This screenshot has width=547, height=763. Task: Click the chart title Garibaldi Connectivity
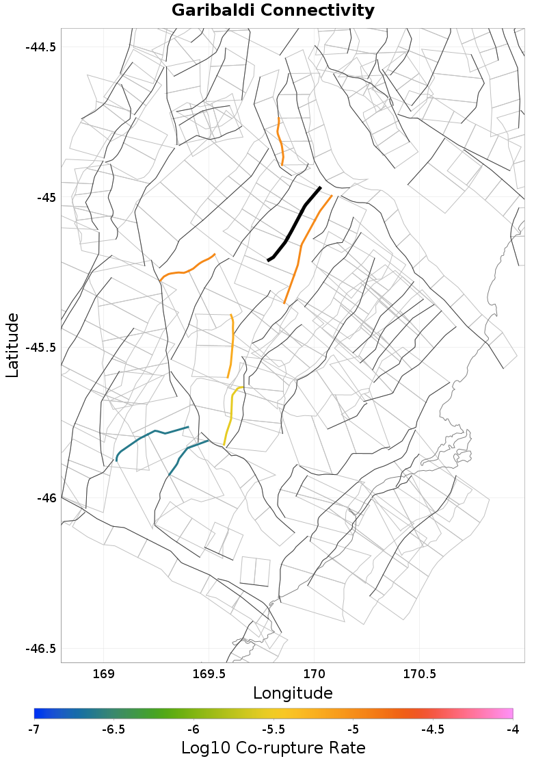click(273, 11)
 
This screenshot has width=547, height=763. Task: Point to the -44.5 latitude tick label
click(40, 47)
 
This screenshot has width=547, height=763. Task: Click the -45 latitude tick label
click(46, 198)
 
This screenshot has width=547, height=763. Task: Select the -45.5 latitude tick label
click(40, 348)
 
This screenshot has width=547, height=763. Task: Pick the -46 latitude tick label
click(46, 498)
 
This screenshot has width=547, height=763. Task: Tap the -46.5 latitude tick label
click(40, 648)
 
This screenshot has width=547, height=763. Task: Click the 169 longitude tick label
click(103, 674)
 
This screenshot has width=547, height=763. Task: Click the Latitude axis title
click(12, 345)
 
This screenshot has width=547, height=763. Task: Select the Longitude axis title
click(293, 693)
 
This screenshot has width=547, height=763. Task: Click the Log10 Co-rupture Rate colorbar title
click(273, 747)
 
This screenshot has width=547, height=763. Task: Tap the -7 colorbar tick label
click(34, 729)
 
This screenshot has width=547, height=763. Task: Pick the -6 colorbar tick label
click(194, 729)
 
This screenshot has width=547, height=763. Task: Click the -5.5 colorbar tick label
click(273, 729)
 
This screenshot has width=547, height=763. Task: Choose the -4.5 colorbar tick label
click(433, 729)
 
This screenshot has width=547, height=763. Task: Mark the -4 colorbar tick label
click(512, 729)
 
